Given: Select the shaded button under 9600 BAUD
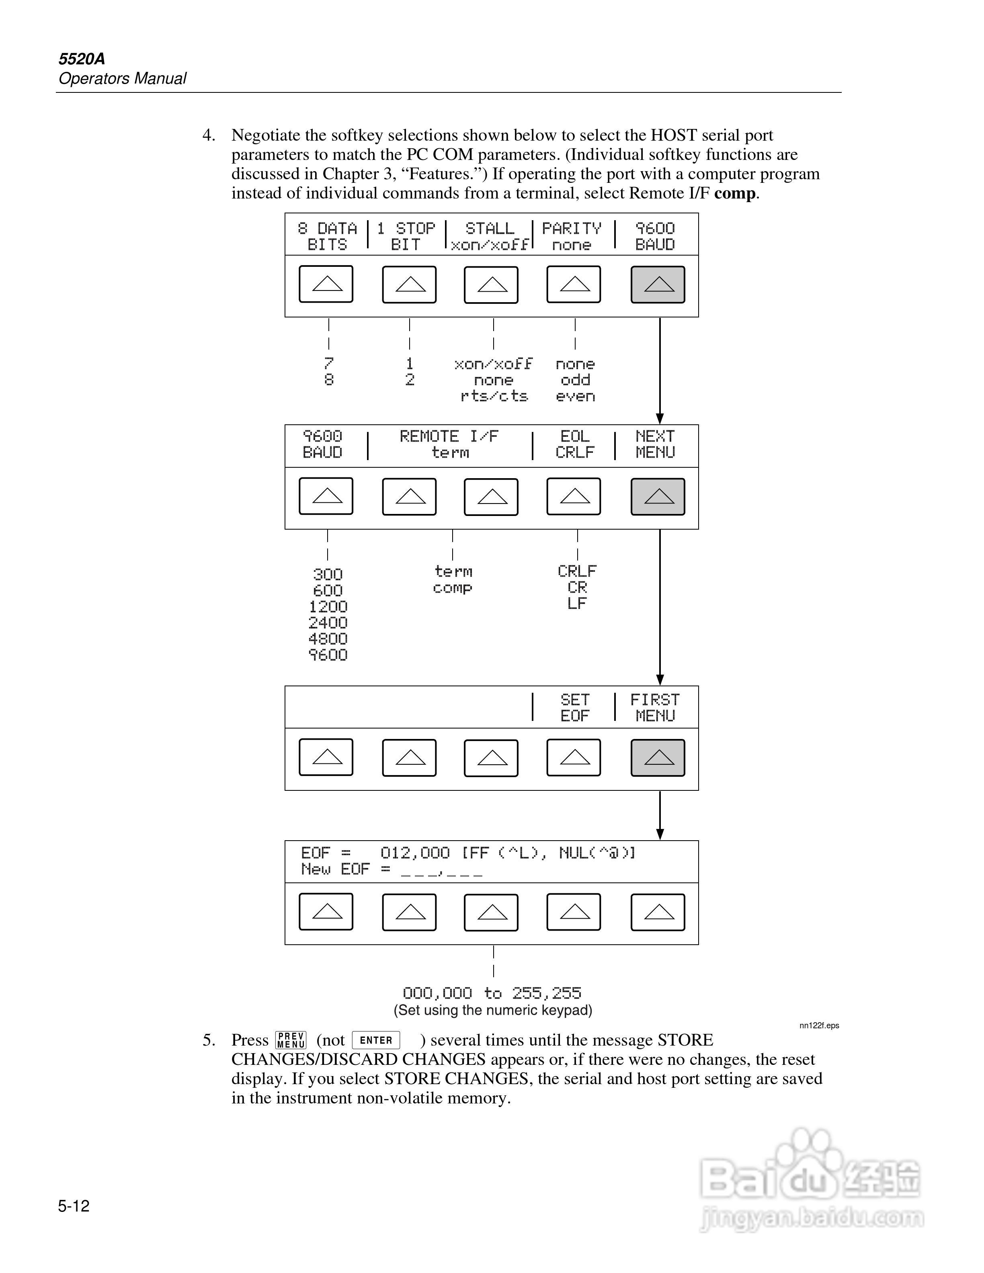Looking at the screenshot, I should click(x=658, y=284).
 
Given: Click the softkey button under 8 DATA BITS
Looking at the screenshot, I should click(x=326, y=284).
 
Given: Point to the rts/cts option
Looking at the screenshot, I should click(x=494, y=396).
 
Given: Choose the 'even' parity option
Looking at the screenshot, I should click(x=575, y=396).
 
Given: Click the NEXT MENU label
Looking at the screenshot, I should click(x=655, y=444).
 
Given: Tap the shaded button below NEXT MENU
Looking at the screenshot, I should click(x=658, y=497).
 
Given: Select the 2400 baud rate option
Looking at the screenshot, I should click(x=328, y=622).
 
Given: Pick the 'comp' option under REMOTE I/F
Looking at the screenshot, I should click(x=452, y=588).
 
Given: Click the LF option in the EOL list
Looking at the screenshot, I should click(x=576, y=604).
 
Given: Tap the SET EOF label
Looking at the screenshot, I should click(x=575, y=708).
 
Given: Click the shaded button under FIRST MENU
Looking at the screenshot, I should click(x=658, y=758).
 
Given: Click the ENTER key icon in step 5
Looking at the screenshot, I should click(x=376, y=1040).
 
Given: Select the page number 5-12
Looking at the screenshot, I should click(x=74, y=1206).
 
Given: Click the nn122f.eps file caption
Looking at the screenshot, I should click(x=819, y=1025).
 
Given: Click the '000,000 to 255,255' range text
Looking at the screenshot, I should click(x=492, y=993).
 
